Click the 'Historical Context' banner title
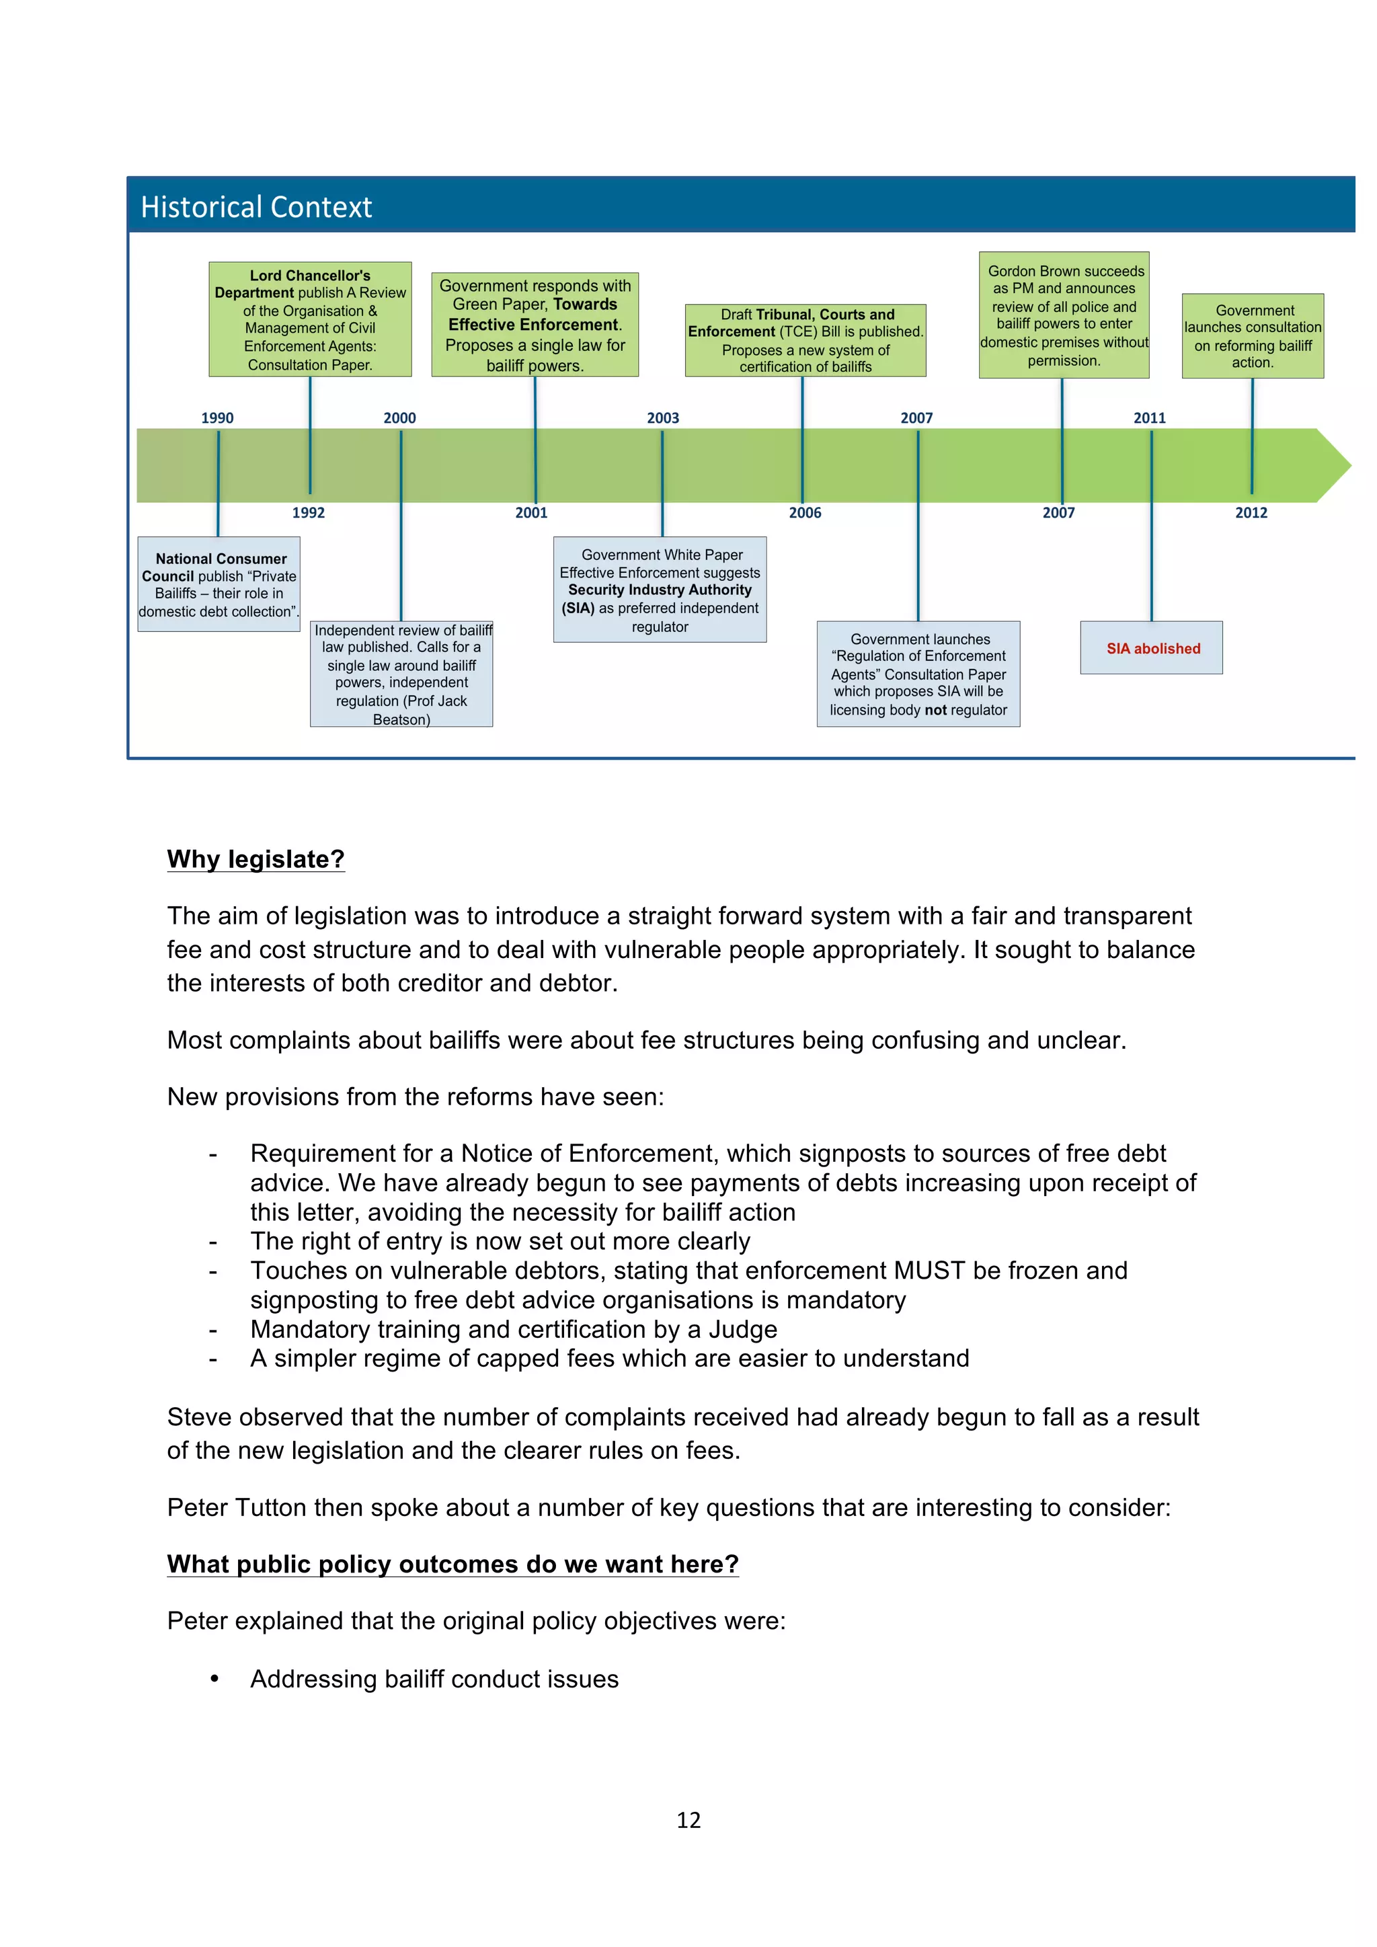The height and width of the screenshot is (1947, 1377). pos(256,207)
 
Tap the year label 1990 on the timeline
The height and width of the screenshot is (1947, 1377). pos(217,418)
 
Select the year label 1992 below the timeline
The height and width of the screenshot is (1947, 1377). pos(309,513)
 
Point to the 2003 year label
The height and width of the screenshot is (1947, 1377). pos(663,418)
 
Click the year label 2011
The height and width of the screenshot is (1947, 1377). pos(1150,418)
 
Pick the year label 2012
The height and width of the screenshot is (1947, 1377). pos(1251,513)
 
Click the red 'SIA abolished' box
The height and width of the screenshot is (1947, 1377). pos(1152,649)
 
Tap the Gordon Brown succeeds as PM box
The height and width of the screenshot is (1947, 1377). pos(1064,315)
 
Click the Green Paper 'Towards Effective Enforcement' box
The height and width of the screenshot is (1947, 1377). pos(535,325)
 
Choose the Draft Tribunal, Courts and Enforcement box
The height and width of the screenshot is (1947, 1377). pos(805,340)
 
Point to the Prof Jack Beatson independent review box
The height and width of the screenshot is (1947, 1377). pos(402,674)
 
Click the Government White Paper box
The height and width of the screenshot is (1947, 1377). pos(660,590)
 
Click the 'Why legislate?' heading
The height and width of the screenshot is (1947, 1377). pos(256,859)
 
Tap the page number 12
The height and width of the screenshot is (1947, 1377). pos(688,1820)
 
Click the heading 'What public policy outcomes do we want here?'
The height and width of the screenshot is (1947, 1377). pos(453,1564)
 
